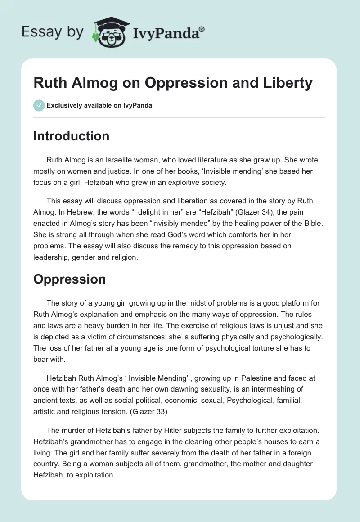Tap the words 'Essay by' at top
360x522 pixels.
[52, 32]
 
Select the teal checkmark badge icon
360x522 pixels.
[39, 105]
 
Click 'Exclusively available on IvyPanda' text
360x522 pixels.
[99, 106]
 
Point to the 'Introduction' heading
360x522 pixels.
[71, 136]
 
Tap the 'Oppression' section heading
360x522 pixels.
[69, 279]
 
